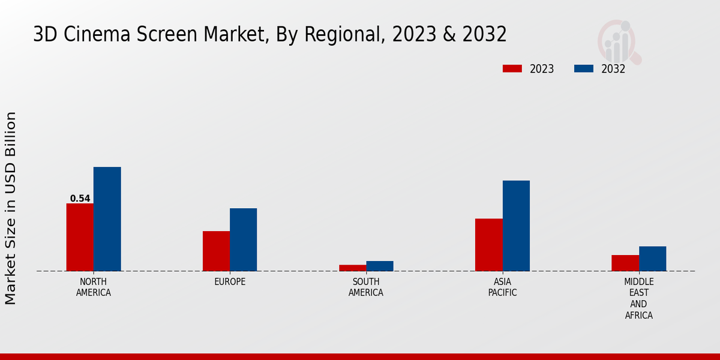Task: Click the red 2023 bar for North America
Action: (x=80, y=237)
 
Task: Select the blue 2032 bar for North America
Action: (x=107, y=219)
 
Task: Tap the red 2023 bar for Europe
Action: (x=216, y=251)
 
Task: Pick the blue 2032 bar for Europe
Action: (x=243, y=239)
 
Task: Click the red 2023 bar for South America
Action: (x=352, y=268)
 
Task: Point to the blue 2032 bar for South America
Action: (x=380, y=266)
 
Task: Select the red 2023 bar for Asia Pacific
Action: (x=488, y=245)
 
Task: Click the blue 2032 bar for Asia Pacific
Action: (x=516, y=226)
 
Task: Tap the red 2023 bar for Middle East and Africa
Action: (x=625, y=263)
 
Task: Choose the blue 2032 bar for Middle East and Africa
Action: (x=652, y=259)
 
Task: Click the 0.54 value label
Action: (x=80, y=199)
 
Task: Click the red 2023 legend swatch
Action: (x=512, y=68)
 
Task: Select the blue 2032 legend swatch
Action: (x=584, y=68)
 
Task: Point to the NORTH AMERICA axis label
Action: (x=94, y=287)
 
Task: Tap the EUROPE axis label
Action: (x=230, y=282)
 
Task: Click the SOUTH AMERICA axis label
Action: (x=366, y=287)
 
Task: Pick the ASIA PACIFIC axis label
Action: (x=502, y=287)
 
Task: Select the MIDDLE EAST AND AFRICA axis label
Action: (x=639, y=299)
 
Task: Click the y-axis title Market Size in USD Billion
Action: (x=11, y=208)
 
